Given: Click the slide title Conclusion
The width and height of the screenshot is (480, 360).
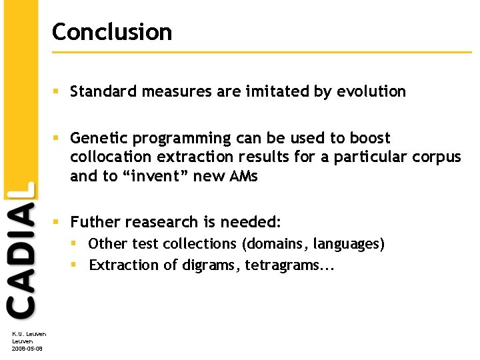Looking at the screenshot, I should click(112, 31).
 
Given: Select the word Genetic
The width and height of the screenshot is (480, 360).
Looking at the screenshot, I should click(99, 138).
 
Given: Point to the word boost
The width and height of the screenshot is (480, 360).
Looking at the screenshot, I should click(370, 138).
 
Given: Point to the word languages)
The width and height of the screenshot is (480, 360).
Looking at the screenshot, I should click(349, 244).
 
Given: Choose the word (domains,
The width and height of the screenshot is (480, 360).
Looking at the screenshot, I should click(275, 244).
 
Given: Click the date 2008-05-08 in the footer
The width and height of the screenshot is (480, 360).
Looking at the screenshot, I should click(27, 348).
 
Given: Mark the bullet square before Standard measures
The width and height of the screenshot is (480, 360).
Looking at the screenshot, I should click(58, 91).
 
